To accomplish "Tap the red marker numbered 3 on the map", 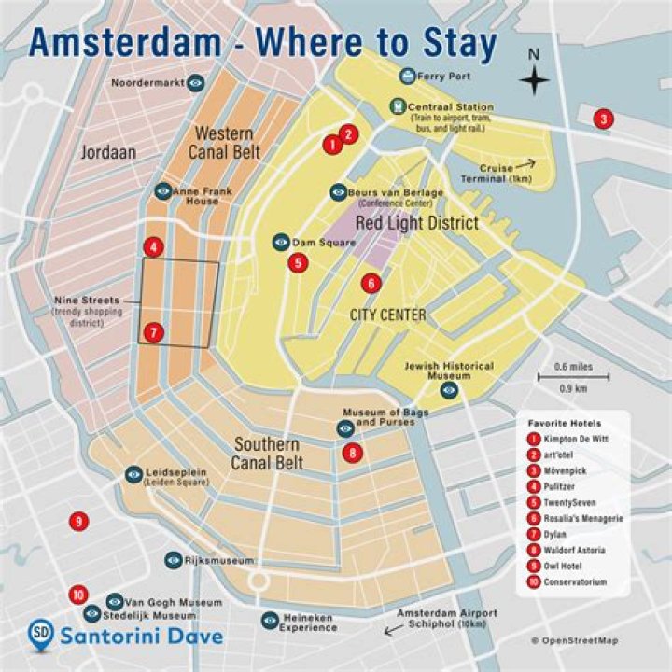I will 604,119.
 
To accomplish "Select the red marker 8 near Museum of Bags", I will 352,454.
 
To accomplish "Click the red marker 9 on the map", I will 79,521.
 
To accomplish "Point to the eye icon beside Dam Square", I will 280,242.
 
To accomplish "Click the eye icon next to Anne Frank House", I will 163,190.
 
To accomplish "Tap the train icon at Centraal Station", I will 399,106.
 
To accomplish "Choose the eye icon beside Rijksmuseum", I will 173,560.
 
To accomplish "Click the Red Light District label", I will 417,223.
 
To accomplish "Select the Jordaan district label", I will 106,151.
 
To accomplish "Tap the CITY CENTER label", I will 387,315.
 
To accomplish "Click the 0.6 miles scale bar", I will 573,377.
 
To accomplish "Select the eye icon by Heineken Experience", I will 270,619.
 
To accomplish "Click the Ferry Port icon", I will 407,75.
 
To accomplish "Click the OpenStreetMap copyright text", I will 575,640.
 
